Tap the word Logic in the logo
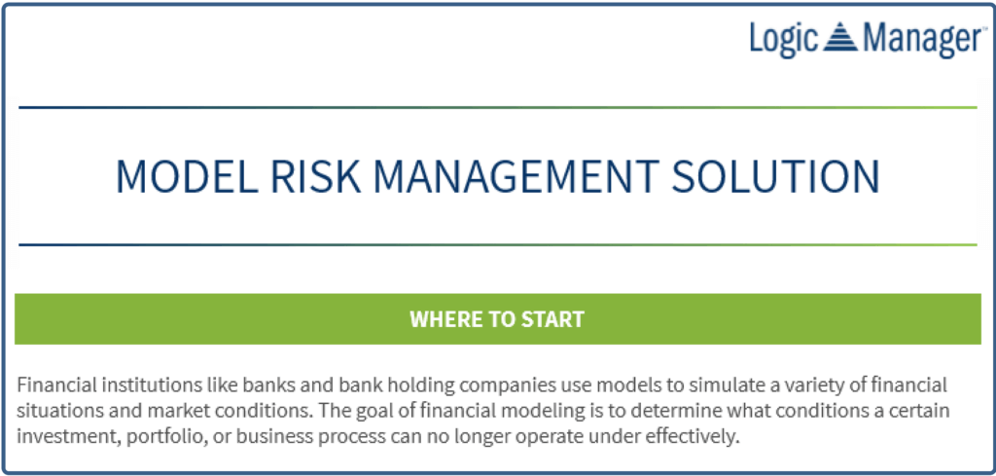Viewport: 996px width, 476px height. tap(784, 39)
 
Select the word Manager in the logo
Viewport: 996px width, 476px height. tap(921, 39)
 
